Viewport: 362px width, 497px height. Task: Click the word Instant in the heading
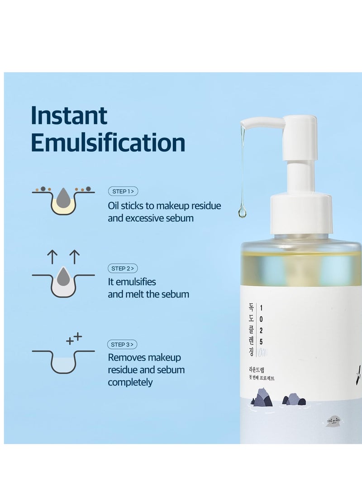coord(69,116)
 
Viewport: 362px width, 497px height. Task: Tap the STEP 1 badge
coord(123,191)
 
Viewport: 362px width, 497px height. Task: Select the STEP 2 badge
coord(123,268)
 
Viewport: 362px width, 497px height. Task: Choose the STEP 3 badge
coord(123,345)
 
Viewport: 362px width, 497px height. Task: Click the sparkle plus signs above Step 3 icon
coord(74,339)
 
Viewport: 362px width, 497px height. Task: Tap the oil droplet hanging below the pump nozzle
coord(243,212)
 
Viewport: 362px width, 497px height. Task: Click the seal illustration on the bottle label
coord(333,421)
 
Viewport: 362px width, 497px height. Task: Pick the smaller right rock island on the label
coord(294,400)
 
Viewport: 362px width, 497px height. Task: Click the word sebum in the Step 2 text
coord(176,294)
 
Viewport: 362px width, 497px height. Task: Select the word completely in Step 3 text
coord(130,382)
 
